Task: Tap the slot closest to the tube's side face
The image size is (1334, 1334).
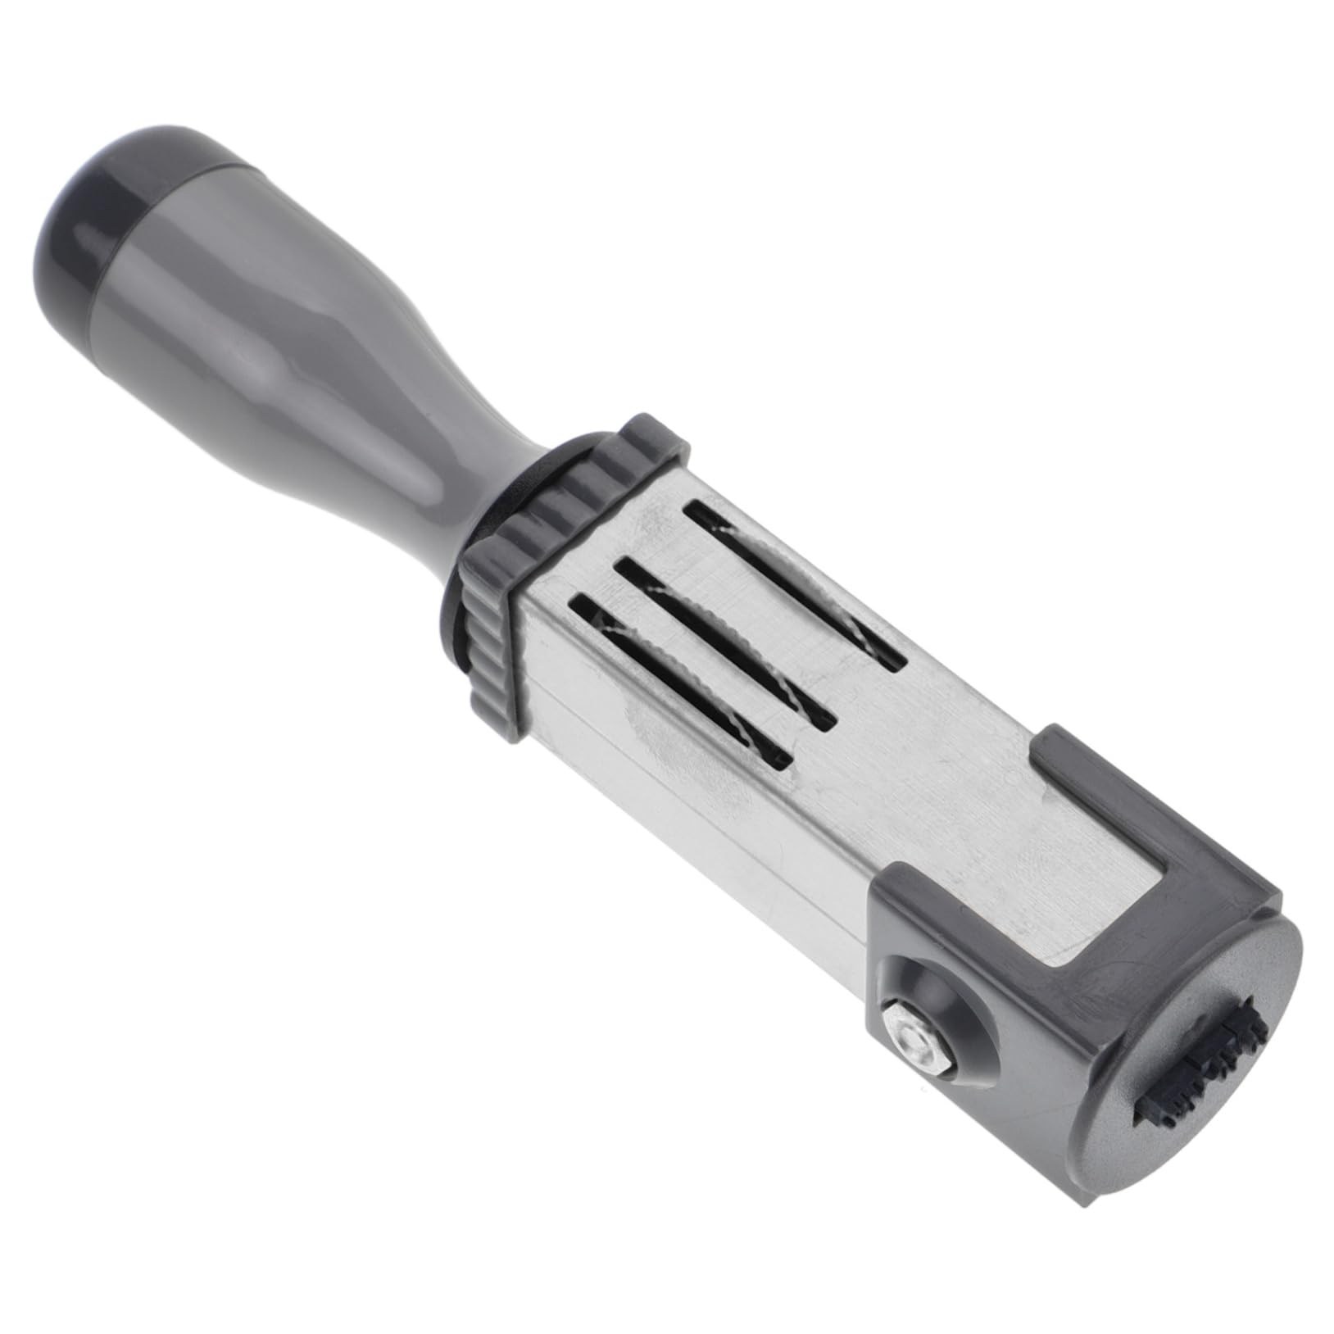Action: [680, 680]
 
